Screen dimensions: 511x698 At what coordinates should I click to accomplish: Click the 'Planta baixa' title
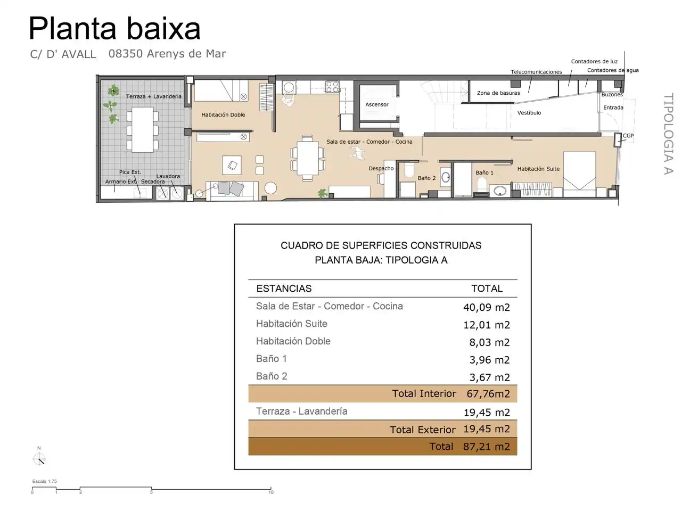pos(114,29)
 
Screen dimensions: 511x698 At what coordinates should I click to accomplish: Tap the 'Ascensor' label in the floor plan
pos(376,105)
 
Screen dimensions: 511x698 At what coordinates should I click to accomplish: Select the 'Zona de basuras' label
pos(498,93)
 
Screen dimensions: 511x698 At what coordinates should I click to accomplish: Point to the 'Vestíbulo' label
pos(529,113)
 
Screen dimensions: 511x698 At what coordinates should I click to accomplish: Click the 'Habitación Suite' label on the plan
pos(538,169)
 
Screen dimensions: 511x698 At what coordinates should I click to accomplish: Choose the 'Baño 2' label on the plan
pos(426,178)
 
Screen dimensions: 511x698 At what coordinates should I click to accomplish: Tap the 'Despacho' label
pos(381,169)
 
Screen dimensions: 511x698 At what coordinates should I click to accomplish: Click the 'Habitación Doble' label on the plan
pos(223,115)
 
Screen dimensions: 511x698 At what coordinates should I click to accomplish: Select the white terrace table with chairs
pos(142,130)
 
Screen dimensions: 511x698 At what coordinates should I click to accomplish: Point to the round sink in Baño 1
pos(499,191)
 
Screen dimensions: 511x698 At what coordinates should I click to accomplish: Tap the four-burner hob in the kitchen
pos(332,87)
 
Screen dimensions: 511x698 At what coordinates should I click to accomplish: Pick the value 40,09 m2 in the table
pos(486,308)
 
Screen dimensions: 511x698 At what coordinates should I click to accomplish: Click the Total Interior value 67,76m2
pos(488,394)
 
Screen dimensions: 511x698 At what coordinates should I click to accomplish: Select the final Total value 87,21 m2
pos(486,447)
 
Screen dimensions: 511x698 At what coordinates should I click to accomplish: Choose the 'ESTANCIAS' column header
pos(284,289)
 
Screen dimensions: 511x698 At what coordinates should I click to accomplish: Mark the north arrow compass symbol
pos(39,458)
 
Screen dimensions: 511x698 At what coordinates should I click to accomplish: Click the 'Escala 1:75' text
pos(44,481)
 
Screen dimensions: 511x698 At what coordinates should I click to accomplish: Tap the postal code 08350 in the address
pos(126,54)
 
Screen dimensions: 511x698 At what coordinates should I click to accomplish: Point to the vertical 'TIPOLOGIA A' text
pos(668,134)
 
